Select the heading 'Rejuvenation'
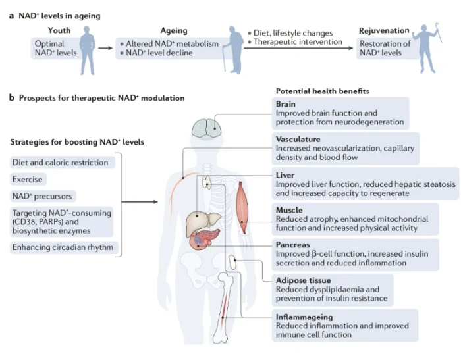coord(384,30)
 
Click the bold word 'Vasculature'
coord(298,140)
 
